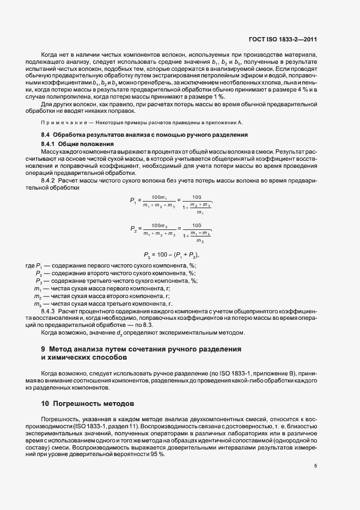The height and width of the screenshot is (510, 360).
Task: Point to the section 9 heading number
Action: (x=43, y=348)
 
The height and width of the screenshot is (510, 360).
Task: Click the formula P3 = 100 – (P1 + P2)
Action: (x=170, y=254)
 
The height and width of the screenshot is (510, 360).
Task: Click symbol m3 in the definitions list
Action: (x=38, y=303)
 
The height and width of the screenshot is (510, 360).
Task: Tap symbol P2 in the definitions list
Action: (x=39, y=272)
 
